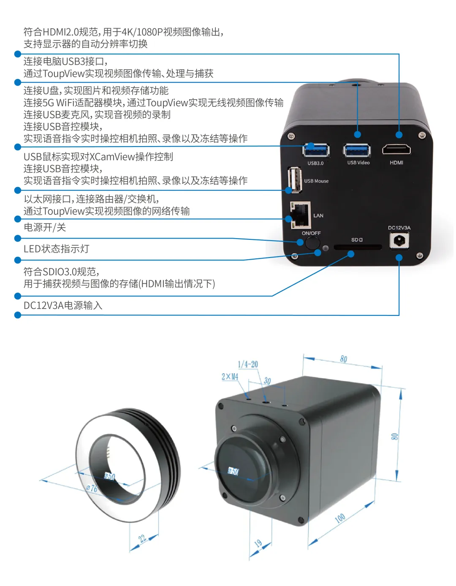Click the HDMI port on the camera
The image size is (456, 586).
pyautogui.click(x=396, y=149)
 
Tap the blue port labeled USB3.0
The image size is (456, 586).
pyautogui.click(x=316, y=150)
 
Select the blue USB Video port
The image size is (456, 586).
pyautogui.click(x=357, y=150)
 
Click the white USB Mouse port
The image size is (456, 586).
pyautogui.click(x=295, y=180)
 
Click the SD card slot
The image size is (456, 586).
pyautogui.click(x=357, y=247)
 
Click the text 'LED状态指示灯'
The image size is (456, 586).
pyautogui.click(x=56, y=249)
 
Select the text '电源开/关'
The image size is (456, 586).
pyautogui.click(x=45, y=228)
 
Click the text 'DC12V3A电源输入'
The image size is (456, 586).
pyautogui.click(x=63, y=306)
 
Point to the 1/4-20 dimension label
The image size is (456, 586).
pyautogui.click(x=248, y=364)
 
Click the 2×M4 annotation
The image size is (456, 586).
pyautogui.click(x=230, y=376)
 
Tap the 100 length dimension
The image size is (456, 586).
pyautogui.click(x=340, y=518)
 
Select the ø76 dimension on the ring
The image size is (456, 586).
pyautogui.click(x=92, y=488)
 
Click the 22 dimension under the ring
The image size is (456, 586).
pyautogui.click(x=142, y=538)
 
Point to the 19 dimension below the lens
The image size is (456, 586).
pyautogui.click(x=258, y=543)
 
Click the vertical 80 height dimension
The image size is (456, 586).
pyautogui.click(x=394, y=436)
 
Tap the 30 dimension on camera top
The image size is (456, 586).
pyautogui.click(x=267, y=380)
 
